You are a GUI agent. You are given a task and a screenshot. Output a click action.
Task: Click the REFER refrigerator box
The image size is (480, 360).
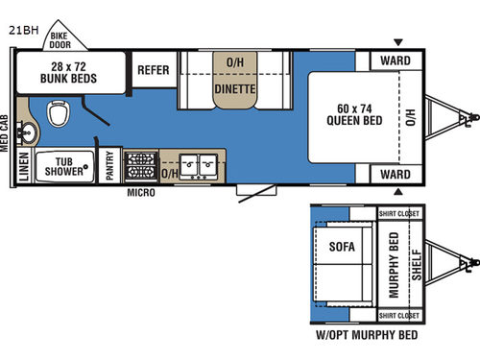154,70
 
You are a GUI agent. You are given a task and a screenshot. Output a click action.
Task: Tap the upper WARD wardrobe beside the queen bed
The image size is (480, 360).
395,61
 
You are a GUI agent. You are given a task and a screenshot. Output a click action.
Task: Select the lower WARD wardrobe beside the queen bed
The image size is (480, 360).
395,174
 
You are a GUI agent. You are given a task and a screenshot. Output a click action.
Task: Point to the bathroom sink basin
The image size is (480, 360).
25,131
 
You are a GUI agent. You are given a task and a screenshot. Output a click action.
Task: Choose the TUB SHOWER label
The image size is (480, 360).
65,166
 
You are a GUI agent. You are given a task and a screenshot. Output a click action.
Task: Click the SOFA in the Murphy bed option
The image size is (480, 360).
341,247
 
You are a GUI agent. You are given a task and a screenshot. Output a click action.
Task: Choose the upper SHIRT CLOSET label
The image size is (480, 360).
400,212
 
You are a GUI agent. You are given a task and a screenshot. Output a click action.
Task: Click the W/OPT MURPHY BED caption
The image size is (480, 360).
368,337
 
